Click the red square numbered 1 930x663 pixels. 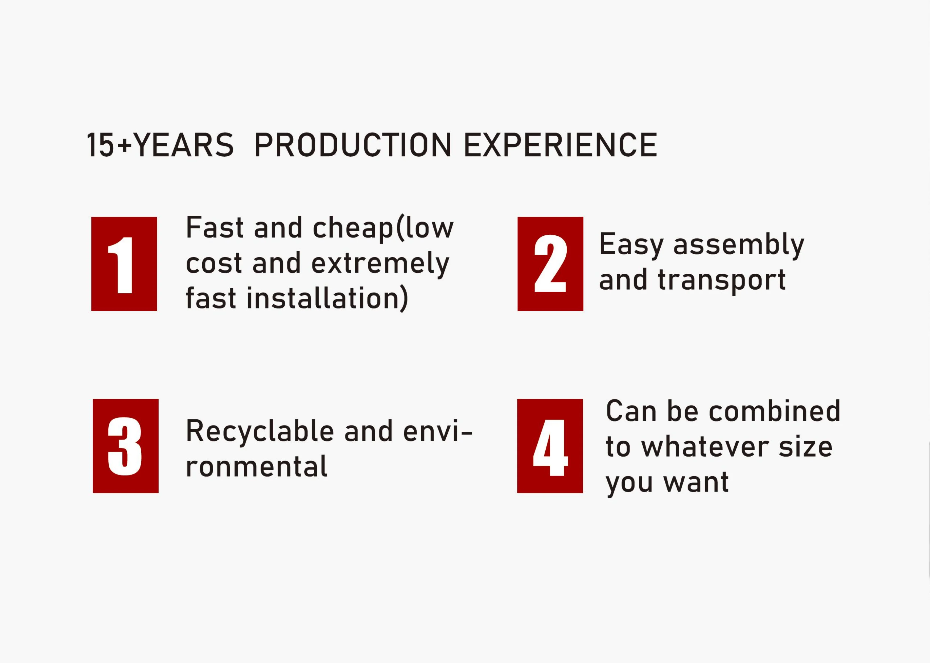click(124, 264)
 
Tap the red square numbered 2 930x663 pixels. click(550, 264)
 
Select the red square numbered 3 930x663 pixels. click(125, 446)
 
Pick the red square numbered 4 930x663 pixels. click(550, 446)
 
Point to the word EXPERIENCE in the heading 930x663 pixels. click(561, 145)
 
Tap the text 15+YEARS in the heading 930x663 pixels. click(160, 145)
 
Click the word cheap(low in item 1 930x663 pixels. click(383, 228)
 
